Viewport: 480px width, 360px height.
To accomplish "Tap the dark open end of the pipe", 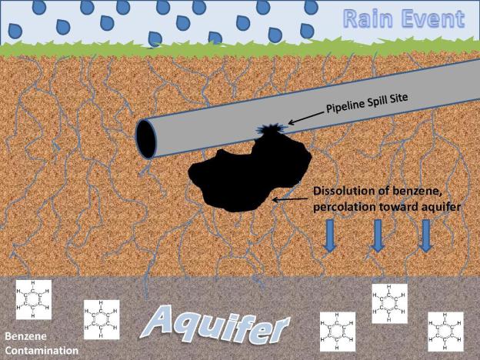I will point(145,139).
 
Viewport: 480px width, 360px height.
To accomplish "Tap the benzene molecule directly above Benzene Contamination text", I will point(33,300).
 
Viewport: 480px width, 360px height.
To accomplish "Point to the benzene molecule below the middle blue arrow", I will point(388,303).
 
